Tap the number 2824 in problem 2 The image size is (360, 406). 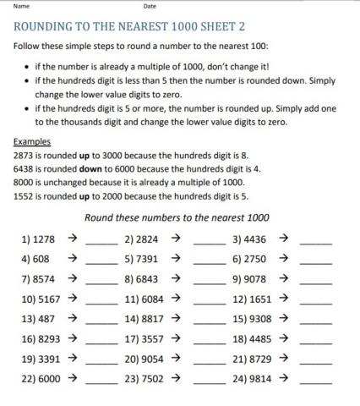148,239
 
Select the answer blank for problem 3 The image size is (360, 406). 316,244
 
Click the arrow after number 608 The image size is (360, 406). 74,259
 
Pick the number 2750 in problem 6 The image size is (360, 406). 256,259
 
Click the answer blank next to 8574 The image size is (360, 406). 101,283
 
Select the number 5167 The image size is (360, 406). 48,299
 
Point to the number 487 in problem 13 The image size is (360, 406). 46,319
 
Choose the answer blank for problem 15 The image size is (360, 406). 316,323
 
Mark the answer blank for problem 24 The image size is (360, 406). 316,383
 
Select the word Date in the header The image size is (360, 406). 150,6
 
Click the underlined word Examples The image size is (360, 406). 32,142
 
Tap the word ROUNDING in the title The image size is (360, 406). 47,27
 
